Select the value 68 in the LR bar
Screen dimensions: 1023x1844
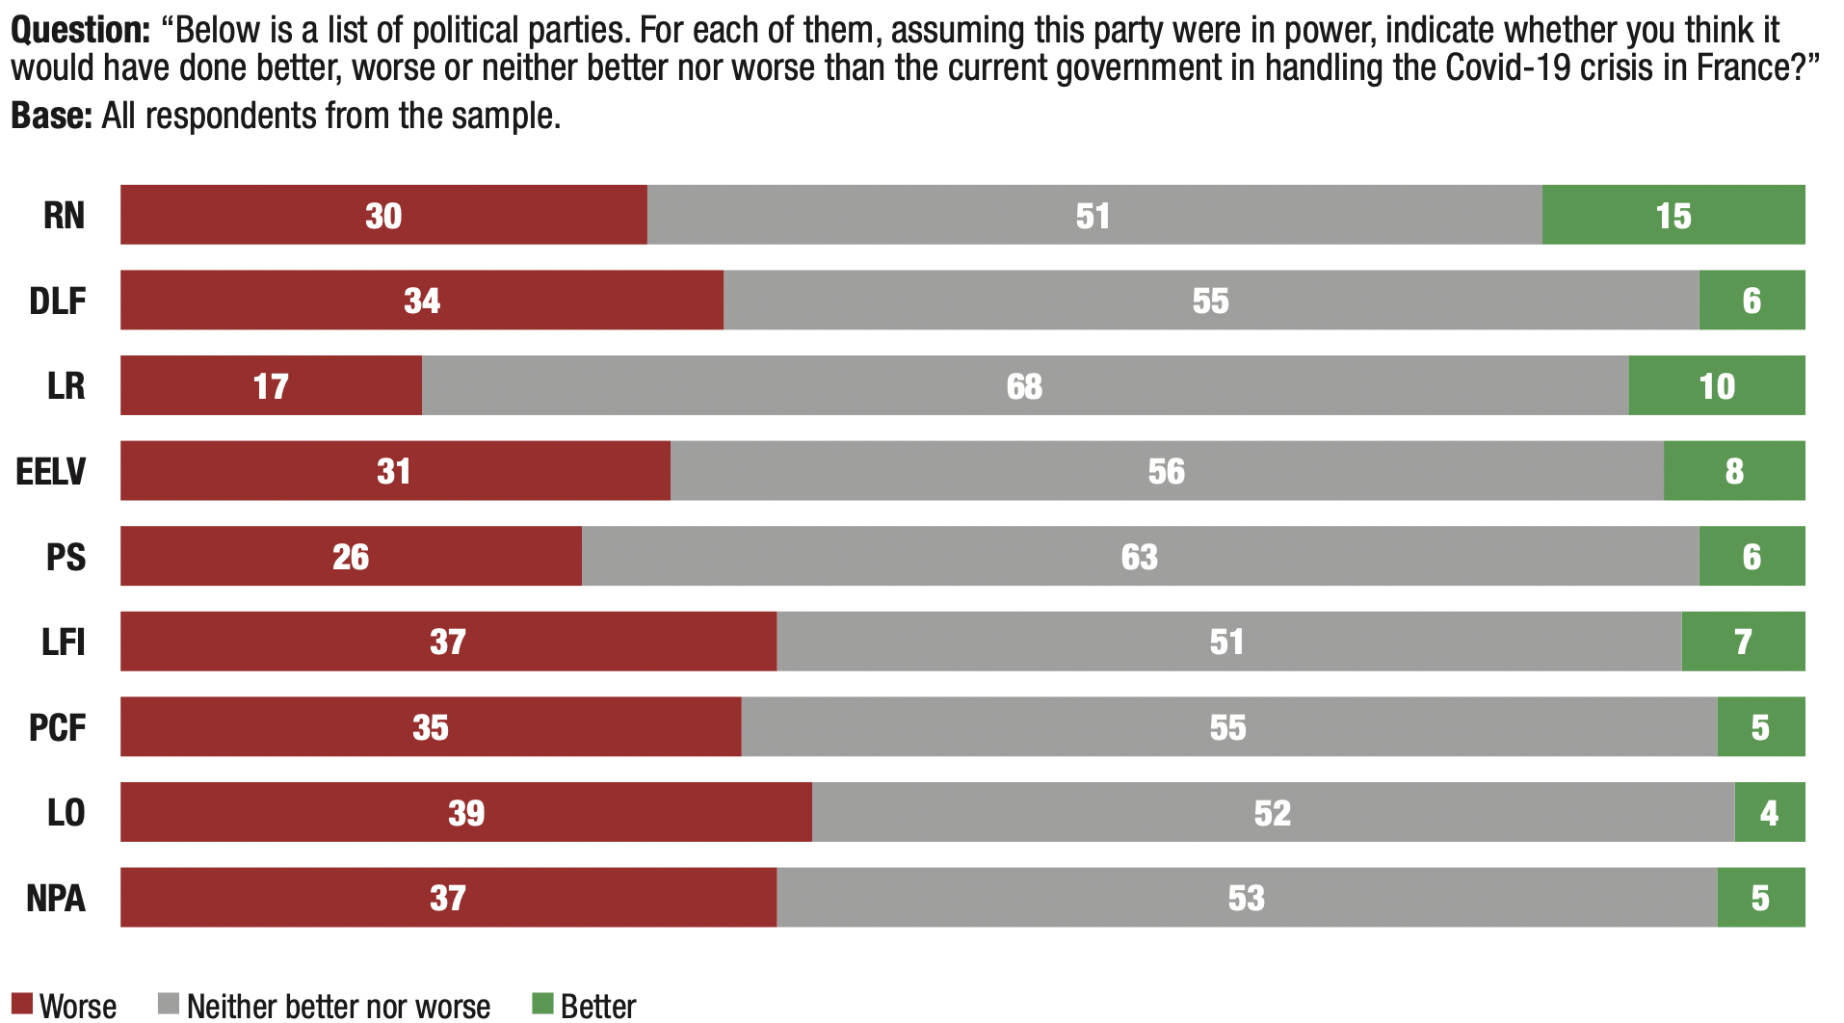[1024, 386]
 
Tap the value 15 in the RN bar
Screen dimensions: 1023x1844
[1673, 216]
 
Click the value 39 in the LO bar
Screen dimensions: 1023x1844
[466, 813]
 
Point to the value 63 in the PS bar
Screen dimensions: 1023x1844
[1140, 557]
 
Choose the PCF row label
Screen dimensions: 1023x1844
[57, 727]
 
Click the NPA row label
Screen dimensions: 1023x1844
[56, 898]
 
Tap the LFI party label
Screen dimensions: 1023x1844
[64, 642]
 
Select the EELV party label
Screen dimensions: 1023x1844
[51, 471]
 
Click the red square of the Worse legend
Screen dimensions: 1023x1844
[21, 1004]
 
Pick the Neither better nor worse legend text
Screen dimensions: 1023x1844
[338, 1007]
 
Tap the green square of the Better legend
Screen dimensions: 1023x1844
[542, 1004]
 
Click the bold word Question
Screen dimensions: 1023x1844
[80, 31]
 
